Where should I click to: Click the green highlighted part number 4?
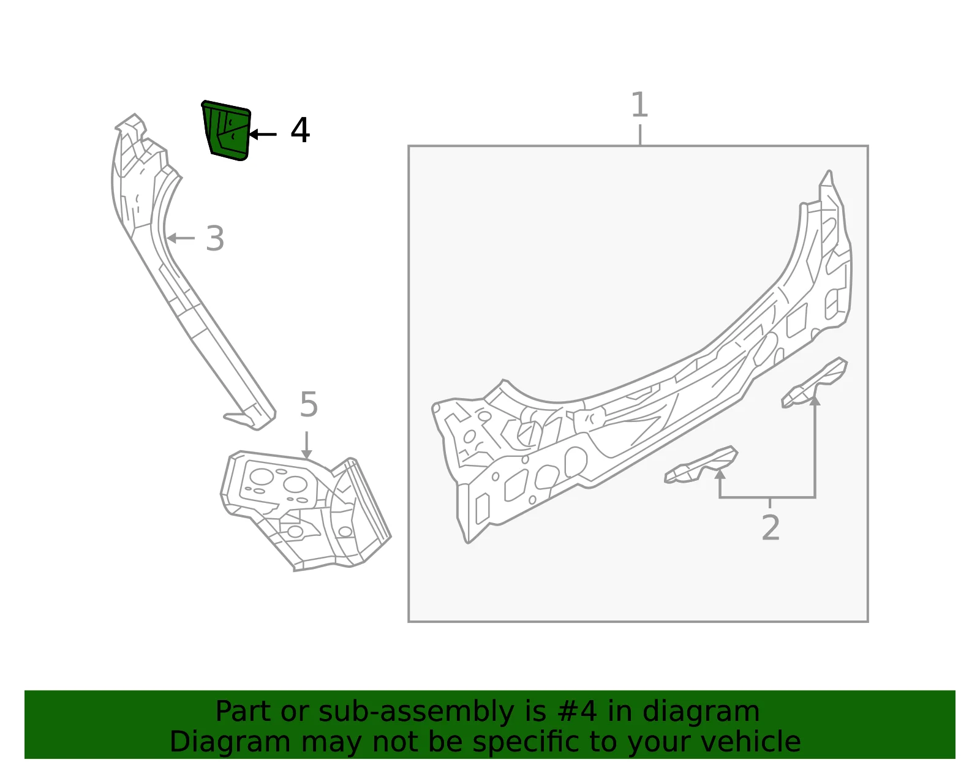coord(227,130)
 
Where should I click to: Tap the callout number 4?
coord(300,130)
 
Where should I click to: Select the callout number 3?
coord(214,238)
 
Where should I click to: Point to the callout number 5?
coord(309,404)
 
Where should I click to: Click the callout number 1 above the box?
coord(639,105)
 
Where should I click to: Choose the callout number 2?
coord(771,527)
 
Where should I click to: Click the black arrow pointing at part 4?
coord(263,134)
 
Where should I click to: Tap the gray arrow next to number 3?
coord(181,238)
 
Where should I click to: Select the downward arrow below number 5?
coord(307,445)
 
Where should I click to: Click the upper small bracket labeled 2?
coord(815,383)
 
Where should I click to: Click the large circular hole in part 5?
coord(261,477)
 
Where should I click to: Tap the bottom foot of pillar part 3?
coord(249,419)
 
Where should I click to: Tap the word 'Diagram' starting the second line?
coord(230,742)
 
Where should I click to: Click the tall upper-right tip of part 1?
coord(829,173)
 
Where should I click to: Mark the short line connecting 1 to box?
coord(640,135)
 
